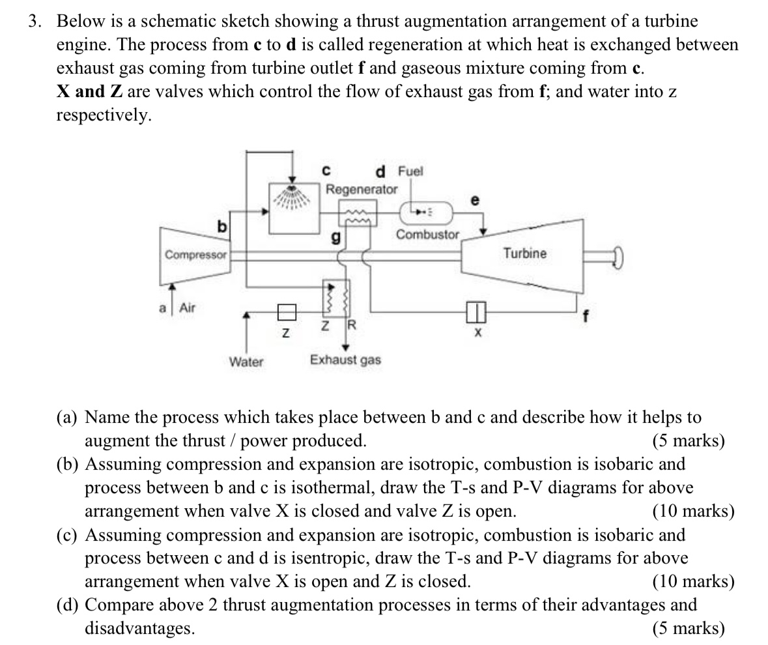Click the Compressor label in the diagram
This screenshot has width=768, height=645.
(195, 254)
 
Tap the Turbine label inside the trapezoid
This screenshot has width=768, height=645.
(524, 253)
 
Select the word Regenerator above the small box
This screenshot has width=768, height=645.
(361, 190)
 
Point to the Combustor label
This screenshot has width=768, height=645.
(427, 234)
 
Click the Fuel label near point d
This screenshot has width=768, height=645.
(410, 171)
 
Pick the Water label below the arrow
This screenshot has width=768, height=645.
(246, 362)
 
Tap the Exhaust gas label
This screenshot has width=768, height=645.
(345, 360)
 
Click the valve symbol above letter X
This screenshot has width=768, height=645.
(477, 312)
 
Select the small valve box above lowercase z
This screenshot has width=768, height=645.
(287, 313)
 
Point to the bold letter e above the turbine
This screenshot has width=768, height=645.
(475, 201)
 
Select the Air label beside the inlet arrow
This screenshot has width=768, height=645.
(188, 307)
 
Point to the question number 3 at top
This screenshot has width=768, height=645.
(35, 21)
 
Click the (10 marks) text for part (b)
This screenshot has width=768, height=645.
(693, 511)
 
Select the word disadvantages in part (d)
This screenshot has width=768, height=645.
(139, 628)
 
